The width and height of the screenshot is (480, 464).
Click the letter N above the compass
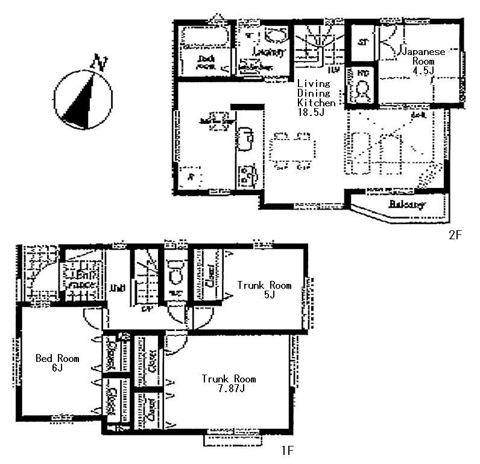coord(100,62)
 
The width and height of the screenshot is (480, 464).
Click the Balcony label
coord(407,204)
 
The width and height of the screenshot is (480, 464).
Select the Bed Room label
coord(57,358)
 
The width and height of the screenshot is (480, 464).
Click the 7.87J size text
coord(229,388)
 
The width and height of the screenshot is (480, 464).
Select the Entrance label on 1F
coord(75,279)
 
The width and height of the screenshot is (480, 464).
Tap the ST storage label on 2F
coord(362,42)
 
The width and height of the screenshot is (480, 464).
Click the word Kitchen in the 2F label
coord(315,103)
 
